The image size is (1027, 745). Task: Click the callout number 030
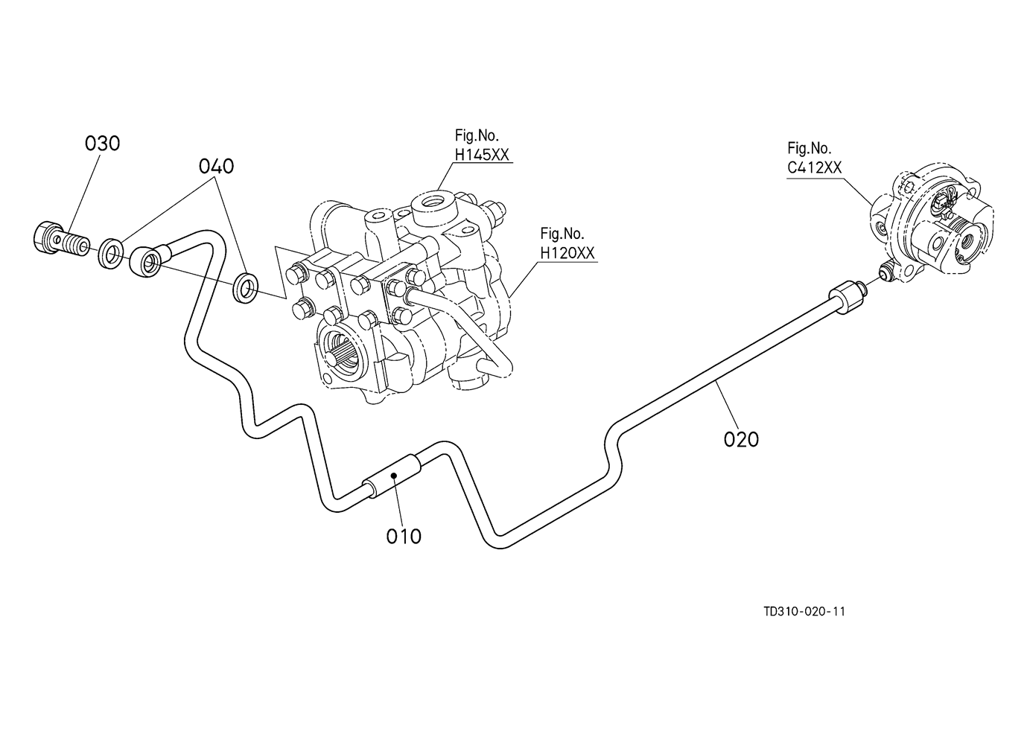click(102, 144)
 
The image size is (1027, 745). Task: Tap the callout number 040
click(216, 166)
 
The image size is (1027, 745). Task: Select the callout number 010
click(404, 537)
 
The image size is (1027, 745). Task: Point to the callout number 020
click(741, 439)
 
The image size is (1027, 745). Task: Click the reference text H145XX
click(482, 155)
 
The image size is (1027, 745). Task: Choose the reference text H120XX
click(567, 253)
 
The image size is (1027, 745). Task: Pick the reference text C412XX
click(815, 167)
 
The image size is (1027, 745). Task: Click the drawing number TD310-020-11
click(804, 612)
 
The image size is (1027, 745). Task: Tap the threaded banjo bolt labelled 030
click(61, 239)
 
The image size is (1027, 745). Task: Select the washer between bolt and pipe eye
click(110, 253)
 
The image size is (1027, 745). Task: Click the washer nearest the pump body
click(245, 287)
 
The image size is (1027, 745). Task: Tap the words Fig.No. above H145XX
click(477, 135)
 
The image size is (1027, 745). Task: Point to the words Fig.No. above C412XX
click(810, 148)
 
